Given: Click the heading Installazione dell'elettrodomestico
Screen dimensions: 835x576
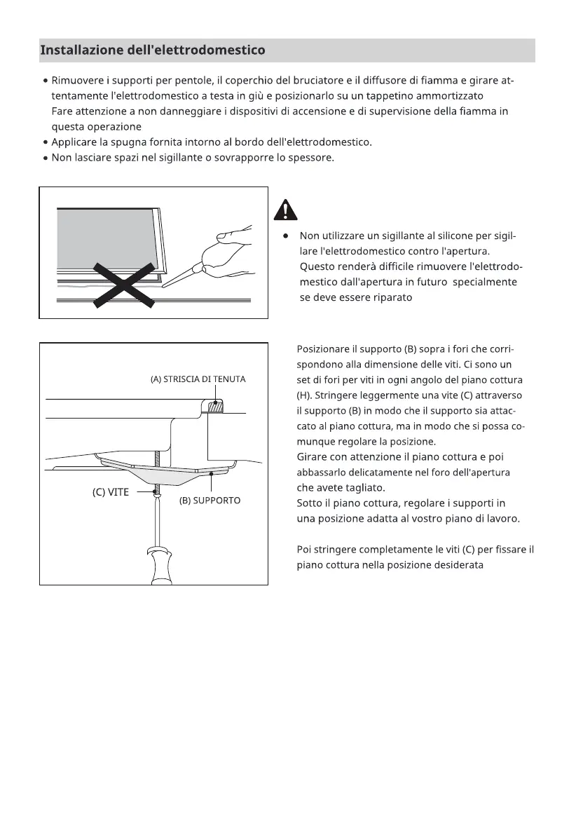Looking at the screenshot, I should (153, 50).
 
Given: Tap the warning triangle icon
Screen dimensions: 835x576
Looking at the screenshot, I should (284, 210).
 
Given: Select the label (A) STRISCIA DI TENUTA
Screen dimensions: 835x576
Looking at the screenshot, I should (198, 379).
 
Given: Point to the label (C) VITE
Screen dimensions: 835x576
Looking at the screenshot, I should (111, 492).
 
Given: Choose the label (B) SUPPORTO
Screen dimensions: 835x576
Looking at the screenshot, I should (205, 501).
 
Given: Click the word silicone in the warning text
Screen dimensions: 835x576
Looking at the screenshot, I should (433, 236).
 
